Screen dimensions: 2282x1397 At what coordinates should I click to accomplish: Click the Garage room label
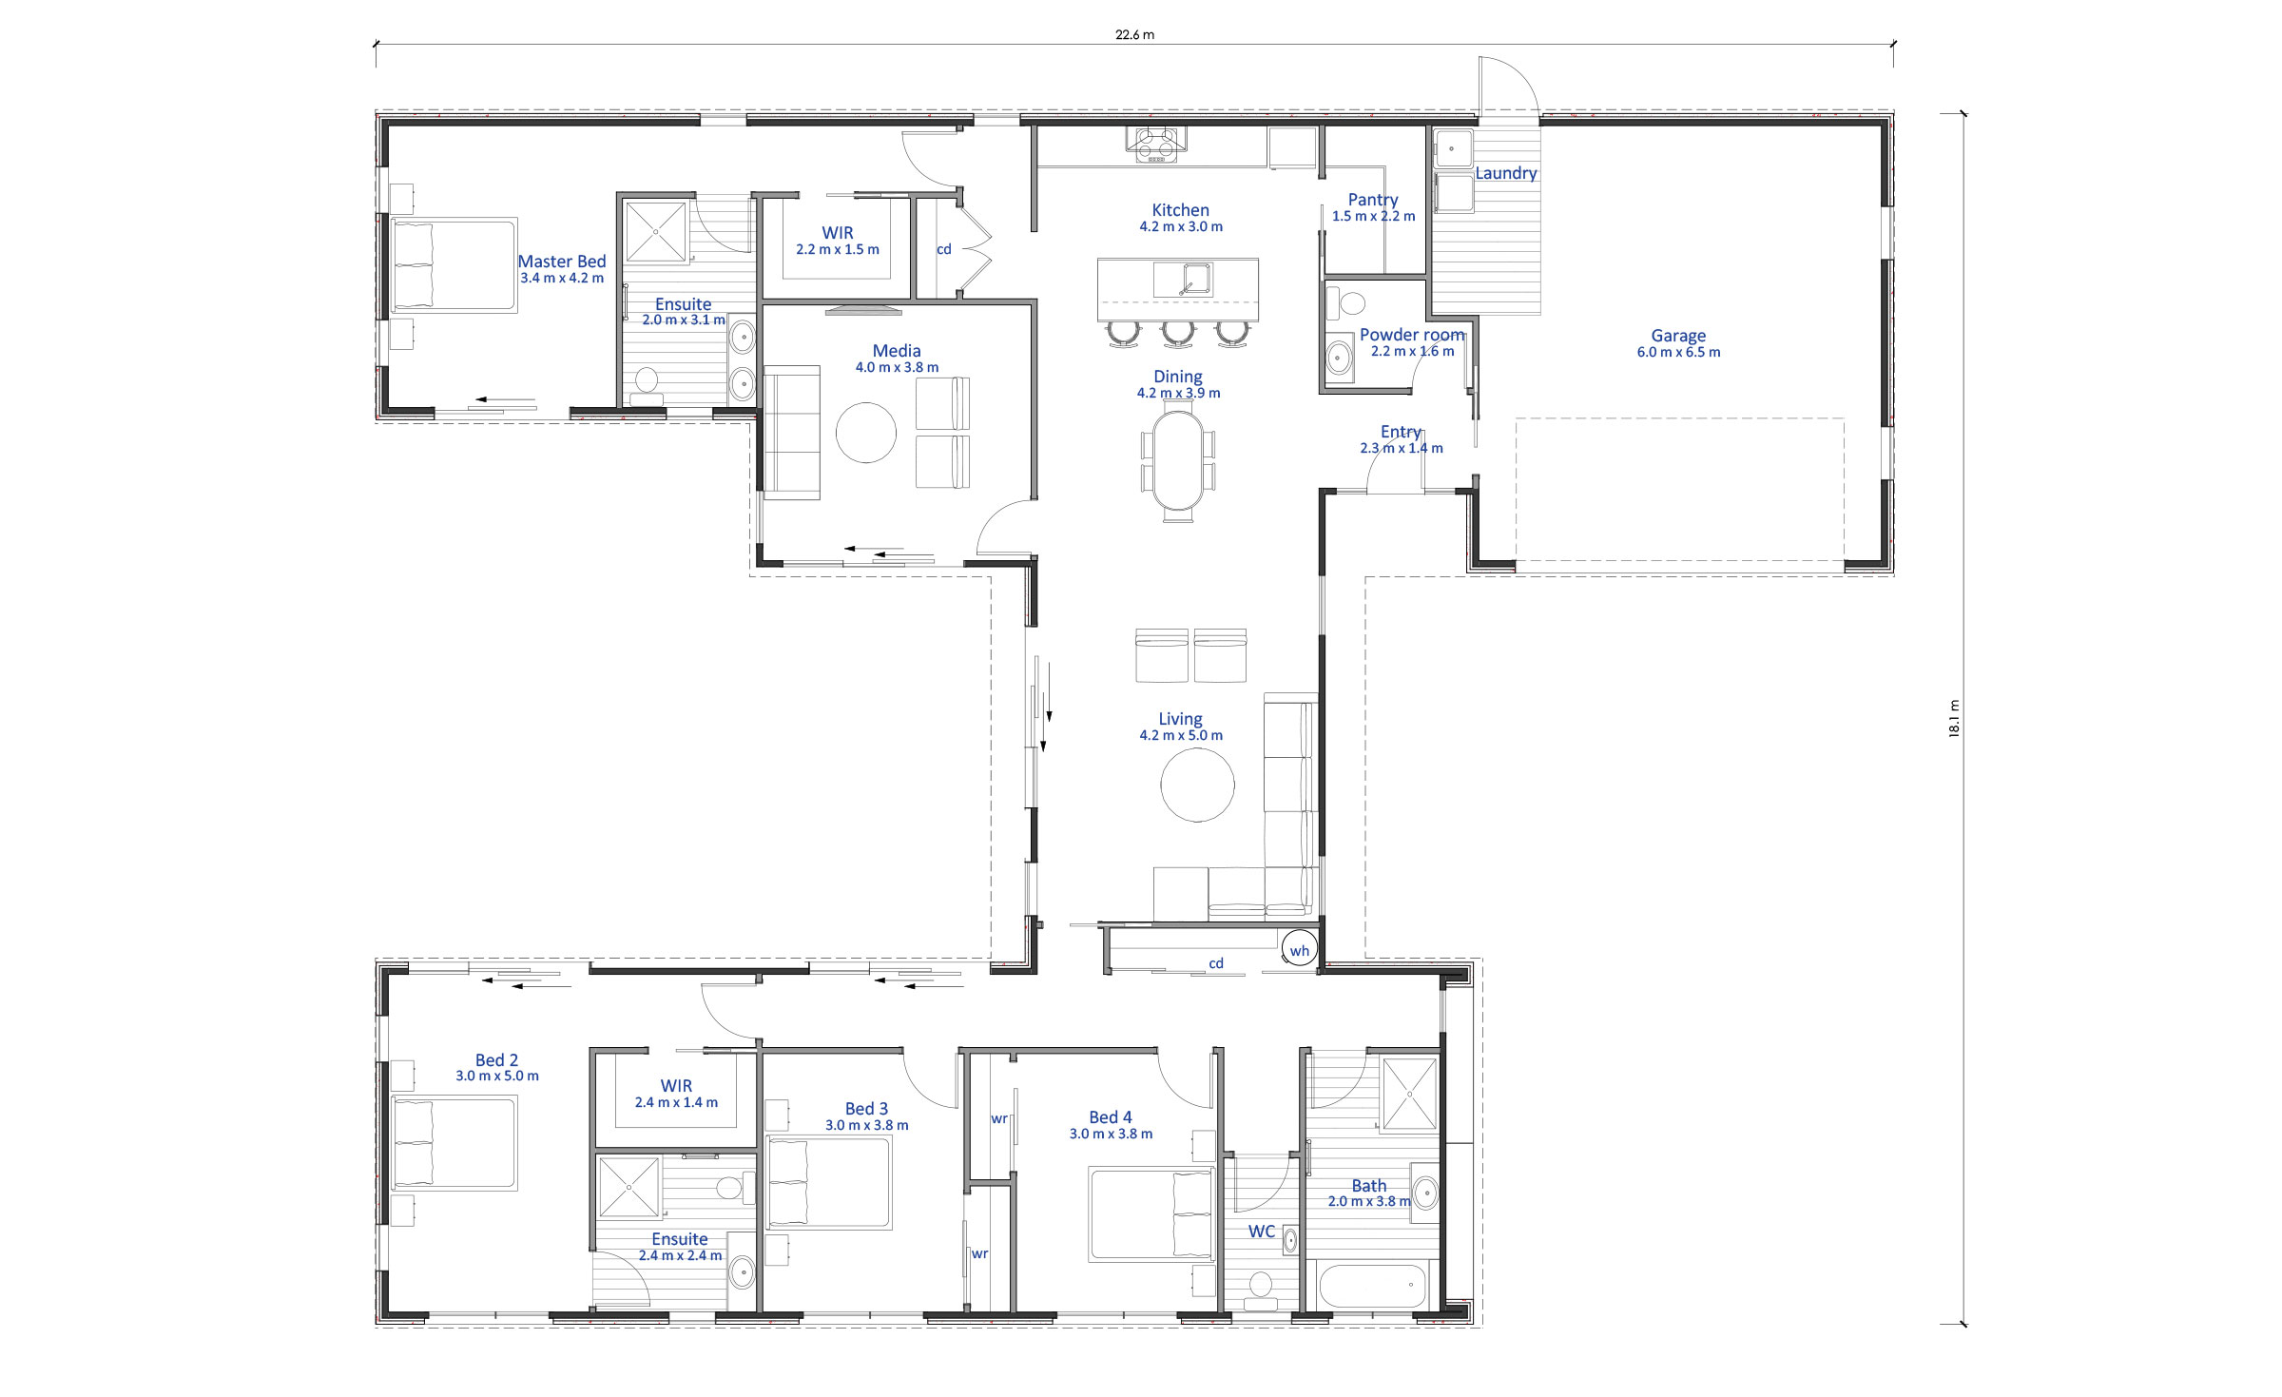tap(1678, 336)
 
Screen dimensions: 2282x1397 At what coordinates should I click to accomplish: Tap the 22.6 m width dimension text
tap(1134, 35)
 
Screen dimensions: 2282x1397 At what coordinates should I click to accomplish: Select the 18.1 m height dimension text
tap(1954, 718)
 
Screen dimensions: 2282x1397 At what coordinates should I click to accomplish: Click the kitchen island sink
tap(1182, 280)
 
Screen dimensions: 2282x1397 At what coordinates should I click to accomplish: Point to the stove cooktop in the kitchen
tap(1156, 146)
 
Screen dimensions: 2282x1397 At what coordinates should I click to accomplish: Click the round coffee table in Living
tap(1197, 785)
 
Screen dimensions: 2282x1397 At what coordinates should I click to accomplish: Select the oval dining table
tap(1178, 460)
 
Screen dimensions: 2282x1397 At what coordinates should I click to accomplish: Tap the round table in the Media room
tap(865, 433)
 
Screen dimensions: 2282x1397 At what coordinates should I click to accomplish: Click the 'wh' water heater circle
tap(1299, 950)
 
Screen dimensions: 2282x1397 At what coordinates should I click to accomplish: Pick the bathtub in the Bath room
tap(1372, 1287)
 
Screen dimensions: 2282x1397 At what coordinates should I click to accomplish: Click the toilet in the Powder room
tap(1344, 303)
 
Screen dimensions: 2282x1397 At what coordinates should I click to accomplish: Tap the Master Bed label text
tap(561, 262)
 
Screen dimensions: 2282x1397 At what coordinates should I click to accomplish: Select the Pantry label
tap(1373, 200)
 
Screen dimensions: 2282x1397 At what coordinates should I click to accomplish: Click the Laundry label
tap(1506, 173)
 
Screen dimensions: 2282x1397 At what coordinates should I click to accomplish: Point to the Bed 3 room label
tap(866, 1109)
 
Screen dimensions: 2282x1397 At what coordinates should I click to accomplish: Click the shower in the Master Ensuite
tap(656, 231)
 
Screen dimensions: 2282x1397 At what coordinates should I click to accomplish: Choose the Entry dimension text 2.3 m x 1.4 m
tap(1401, 448)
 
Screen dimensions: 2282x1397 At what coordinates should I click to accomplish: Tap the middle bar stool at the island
tap(1178, 333)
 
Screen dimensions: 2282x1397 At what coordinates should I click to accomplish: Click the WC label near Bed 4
tap(1262, 1232)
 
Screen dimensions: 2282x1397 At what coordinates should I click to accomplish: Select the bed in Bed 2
tap(454, 1143)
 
